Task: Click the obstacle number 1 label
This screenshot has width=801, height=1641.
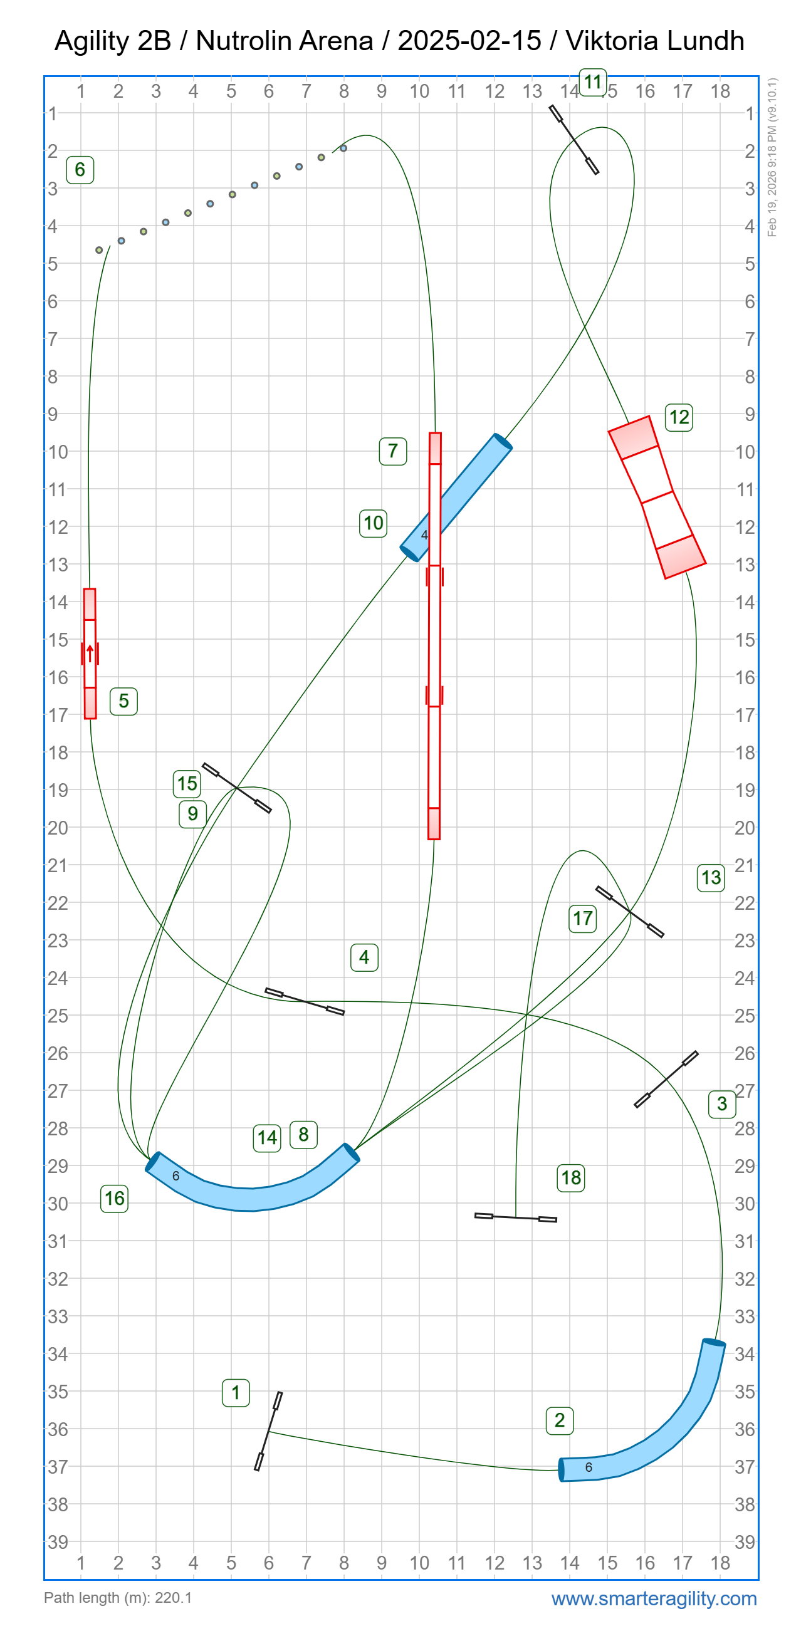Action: click(x=235, y=1392)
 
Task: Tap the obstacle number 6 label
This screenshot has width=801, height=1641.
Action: click(x=80, y=169)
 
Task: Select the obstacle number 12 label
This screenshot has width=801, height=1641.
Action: click(x=679, y=417)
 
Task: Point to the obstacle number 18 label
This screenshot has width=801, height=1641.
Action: click(x=571, y=1177)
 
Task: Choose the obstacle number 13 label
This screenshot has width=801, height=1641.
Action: click(x=711, y=878)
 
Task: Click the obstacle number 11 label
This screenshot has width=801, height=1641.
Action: click(x=593, y=82)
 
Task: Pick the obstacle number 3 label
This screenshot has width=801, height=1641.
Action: click(x=722, y=1103)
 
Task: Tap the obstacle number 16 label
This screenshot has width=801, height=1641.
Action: click(x=114, y=1198)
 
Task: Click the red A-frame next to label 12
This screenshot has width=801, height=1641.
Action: click(x=657, y=497)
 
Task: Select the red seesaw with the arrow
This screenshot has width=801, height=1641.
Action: click(x=90, y=654)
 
